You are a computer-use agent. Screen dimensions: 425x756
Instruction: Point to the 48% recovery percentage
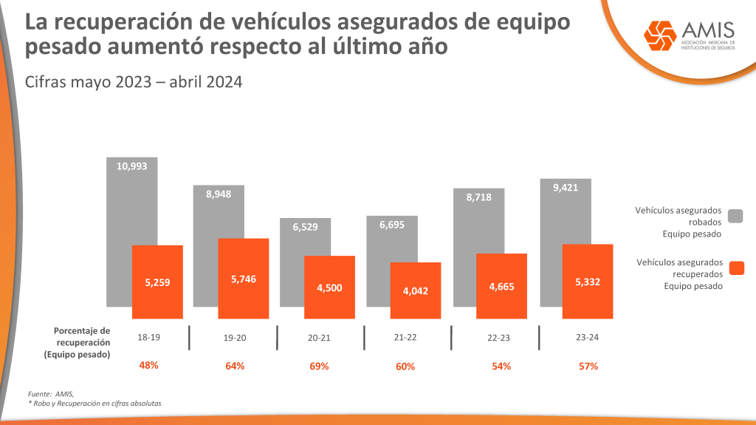point(148,365)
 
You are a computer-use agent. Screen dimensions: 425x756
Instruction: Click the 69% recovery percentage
point(319,366)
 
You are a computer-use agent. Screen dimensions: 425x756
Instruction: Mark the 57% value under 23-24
point(588,366)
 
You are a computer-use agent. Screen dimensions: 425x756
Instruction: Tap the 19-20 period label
point(235,338)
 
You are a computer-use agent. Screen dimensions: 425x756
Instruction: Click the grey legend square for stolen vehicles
point(735,216)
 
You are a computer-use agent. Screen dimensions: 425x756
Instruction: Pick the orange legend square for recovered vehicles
point(735,268)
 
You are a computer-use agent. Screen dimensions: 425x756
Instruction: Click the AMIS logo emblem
point(659,34)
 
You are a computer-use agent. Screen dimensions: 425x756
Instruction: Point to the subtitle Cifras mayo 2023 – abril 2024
point(134,82)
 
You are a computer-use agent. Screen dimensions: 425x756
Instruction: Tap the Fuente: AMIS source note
point(51,393)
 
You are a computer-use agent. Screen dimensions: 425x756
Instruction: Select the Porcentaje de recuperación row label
point(82,342)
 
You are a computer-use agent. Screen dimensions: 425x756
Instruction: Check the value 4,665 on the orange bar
point(501,286)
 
